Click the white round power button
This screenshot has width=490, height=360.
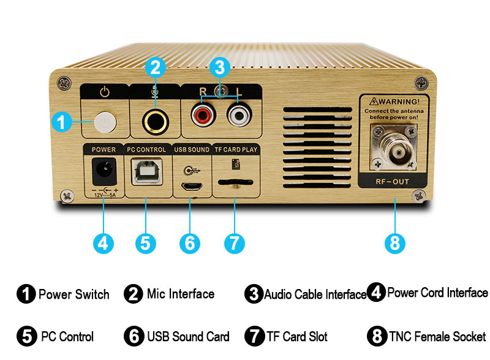coord(105,122)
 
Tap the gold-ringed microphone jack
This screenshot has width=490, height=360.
coord(156,122)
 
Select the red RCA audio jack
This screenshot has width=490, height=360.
coord(203,114)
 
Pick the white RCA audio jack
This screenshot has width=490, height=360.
coord(239,114)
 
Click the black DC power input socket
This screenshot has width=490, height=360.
coord(104,171)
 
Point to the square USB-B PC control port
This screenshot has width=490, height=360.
coord(147,171)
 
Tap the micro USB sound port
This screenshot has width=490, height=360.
coord(192,187)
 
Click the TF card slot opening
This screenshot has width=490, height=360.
coord(235,182)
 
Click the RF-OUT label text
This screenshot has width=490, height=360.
coord(392,182)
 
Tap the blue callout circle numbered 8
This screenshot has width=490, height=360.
coord(395,243)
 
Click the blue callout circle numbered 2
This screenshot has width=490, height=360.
coord(156,67)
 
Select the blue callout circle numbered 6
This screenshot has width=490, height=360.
coord(190,243)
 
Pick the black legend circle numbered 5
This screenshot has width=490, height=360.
coord(27,336)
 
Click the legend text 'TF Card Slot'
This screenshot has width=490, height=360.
coord(297,337)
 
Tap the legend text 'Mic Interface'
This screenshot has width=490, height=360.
coord(181,294)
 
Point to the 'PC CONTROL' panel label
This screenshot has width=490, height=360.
coord(146,149)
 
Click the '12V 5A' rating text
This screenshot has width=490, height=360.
coord(105,195)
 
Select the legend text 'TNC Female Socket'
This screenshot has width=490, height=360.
coord(437,337)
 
